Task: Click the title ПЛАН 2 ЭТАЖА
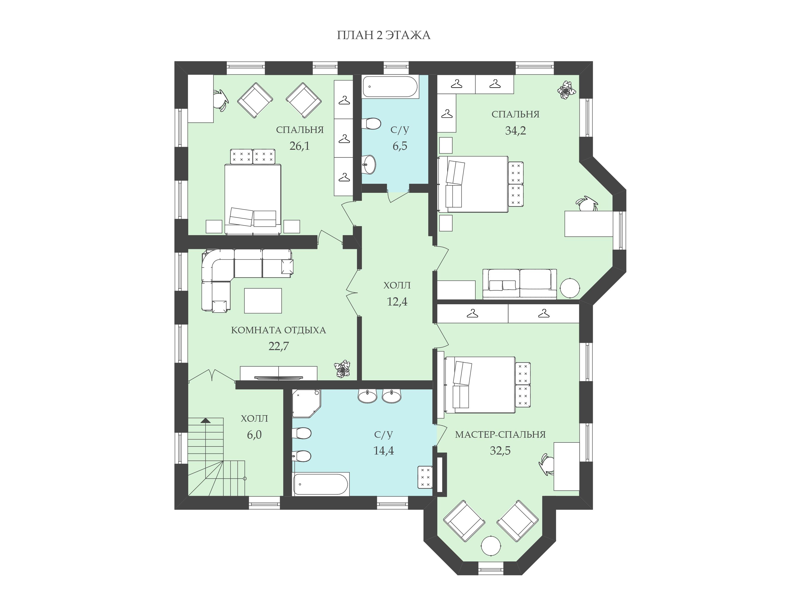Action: point(383,35)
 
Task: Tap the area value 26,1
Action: point(299,146)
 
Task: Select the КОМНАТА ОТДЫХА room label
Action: point(278,330)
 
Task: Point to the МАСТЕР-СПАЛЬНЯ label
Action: point(500,434)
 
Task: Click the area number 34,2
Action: point(515,130)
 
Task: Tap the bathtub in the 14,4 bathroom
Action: point(321,484)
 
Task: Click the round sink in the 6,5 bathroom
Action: point(369,165)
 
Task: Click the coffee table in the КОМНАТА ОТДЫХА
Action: point(263,300)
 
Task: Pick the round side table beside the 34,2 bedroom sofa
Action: point(570,288)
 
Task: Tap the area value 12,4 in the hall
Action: point(397,302)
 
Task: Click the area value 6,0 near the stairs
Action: point(254,435)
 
